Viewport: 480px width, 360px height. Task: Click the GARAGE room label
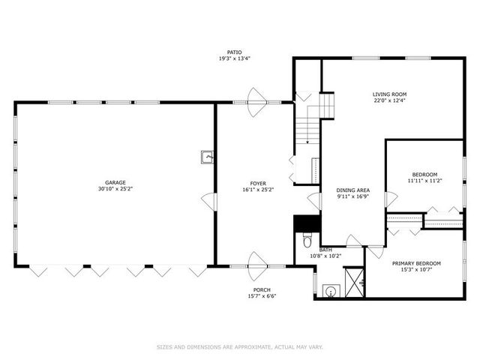tap(115, 182)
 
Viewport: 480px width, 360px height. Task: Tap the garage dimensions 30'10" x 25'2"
tap(115, 190)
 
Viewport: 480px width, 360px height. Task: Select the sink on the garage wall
tap(207, 157)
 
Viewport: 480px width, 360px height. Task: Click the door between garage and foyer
tap(210, 201)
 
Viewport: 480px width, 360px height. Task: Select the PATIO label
tap(235, 51)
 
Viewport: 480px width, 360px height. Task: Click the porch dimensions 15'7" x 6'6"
tap(262, 296)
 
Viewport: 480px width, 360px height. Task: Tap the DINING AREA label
tap(352, 190)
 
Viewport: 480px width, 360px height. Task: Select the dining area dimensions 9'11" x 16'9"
tap(352, 198)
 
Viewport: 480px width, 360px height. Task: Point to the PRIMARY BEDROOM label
tap(416, 263)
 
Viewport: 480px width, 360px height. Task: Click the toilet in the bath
tap(306, 240)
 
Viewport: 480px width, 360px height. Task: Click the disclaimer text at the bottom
tap(239, 346)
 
